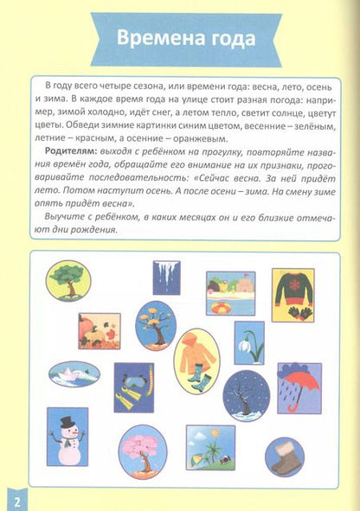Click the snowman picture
(x=67, y=437)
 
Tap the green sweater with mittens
(x=292, y=295)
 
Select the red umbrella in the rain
(x=299, y=386)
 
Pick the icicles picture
(x=166, y=278)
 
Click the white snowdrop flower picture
(x=249, y=343)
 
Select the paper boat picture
(x=74, y=374)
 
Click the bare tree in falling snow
(x=246, y=395)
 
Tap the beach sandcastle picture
(x=230, y=293)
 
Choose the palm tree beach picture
(x=210, y=447)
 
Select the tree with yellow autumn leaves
(x=156, y=326)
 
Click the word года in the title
(x=229, y=39)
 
